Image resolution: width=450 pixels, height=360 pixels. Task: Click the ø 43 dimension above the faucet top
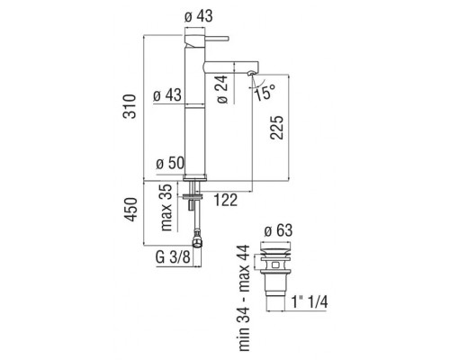point(198,16)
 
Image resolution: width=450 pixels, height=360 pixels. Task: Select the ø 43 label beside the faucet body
point(167,95)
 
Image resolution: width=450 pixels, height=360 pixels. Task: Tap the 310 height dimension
point(130,106)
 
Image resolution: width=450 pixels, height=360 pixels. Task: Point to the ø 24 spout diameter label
point(222,89)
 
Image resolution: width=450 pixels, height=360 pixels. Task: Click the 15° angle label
point(265,93)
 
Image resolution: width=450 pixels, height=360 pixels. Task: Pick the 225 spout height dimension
point(276,127)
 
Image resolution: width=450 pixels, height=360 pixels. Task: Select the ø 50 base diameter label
point(170,164)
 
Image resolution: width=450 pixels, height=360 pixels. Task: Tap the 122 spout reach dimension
point(225,200)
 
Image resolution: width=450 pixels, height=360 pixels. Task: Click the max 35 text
point(166,207)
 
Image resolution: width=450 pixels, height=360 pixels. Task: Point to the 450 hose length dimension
point(131,210)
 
